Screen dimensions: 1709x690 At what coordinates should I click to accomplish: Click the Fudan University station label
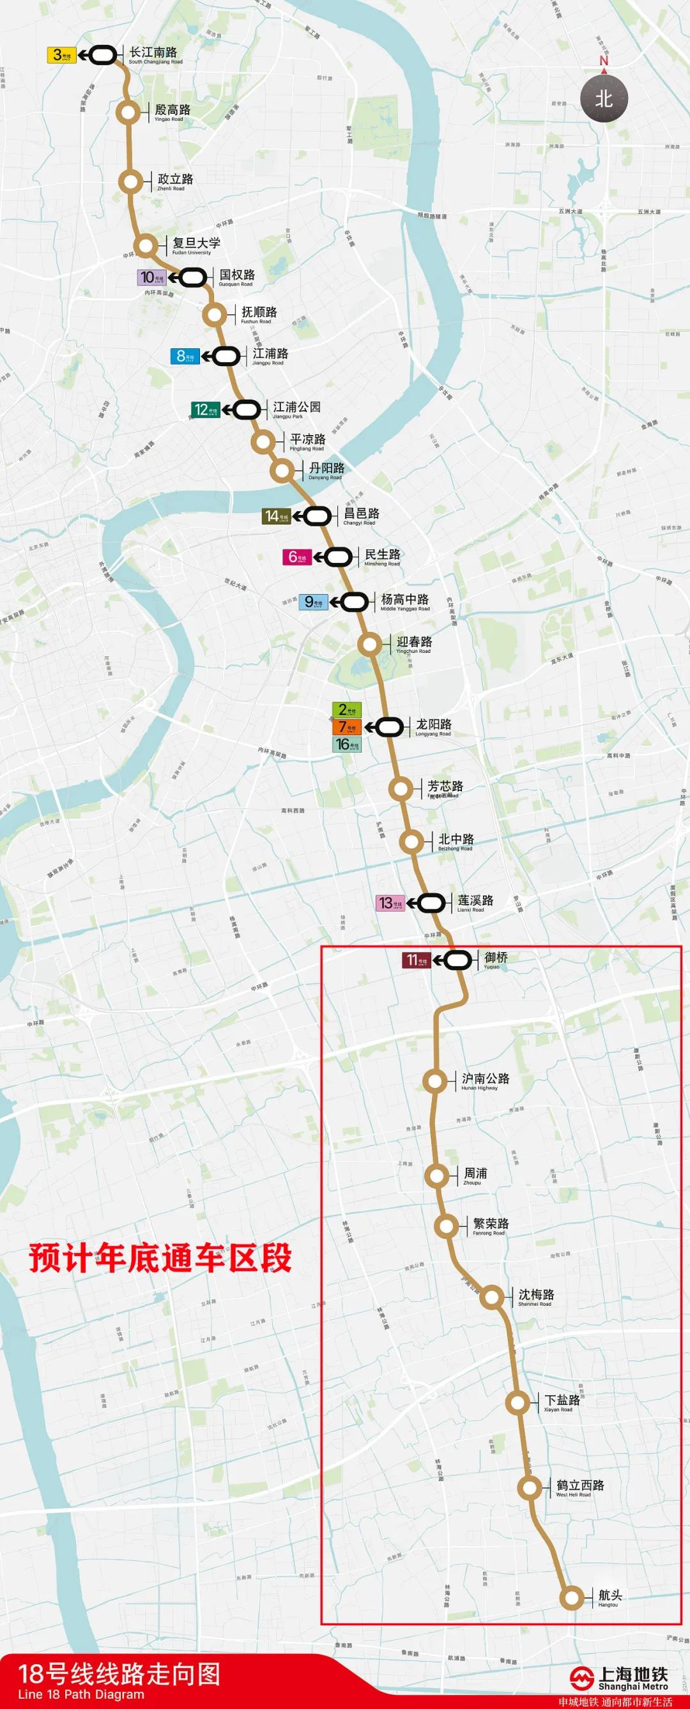point(195,245)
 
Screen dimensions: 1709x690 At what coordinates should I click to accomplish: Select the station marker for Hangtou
point(571,1598)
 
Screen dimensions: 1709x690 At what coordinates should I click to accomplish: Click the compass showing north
point(604,98)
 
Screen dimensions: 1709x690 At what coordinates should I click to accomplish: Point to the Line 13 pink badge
point(390,903)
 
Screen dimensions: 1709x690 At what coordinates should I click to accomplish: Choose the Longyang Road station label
point(433,726)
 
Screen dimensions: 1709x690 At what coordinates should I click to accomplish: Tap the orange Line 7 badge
point(346,727)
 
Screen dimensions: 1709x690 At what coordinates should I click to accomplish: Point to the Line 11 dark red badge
point(417,960)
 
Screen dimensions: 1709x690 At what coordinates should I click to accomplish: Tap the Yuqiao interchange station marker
point(458,960)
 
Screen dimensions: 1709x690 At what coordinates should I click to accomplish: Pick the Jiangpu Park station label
point(296,410)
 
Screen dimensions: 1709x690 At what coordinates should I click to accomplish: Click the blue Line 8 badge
point(185,356)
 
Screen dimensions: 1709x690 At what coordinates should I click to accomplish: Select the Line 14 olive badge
point(276,516)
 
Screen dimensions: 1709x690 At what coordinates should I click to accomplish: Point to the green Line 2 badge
point(346,710)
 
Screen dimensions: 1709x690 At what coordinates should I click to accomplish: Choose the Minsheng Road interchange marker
point(339,556)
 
